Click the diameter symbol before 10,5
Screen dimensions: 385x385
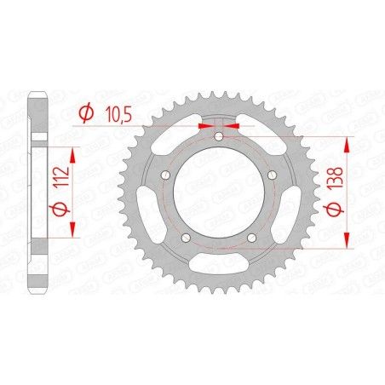coord(85,112)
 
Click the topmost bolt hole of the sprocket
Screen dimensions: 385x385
coord(219,136)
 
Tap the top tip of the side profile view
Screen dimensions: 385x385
coord(35,90)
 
